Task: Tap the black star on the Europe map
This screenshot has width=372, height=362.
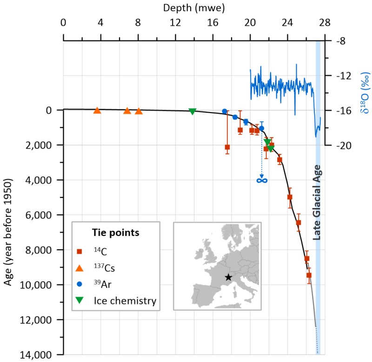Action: (228, 277)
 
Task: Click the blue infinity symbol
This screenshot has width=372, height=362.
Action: (262, 180)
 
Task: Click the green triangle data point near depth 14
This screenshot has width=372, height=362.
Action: (193, 111)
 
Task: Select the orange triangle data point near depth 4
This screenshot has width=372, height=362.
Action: (97, 111)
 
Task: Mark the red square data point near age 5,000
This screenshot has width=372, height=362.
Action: (290, 197)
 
